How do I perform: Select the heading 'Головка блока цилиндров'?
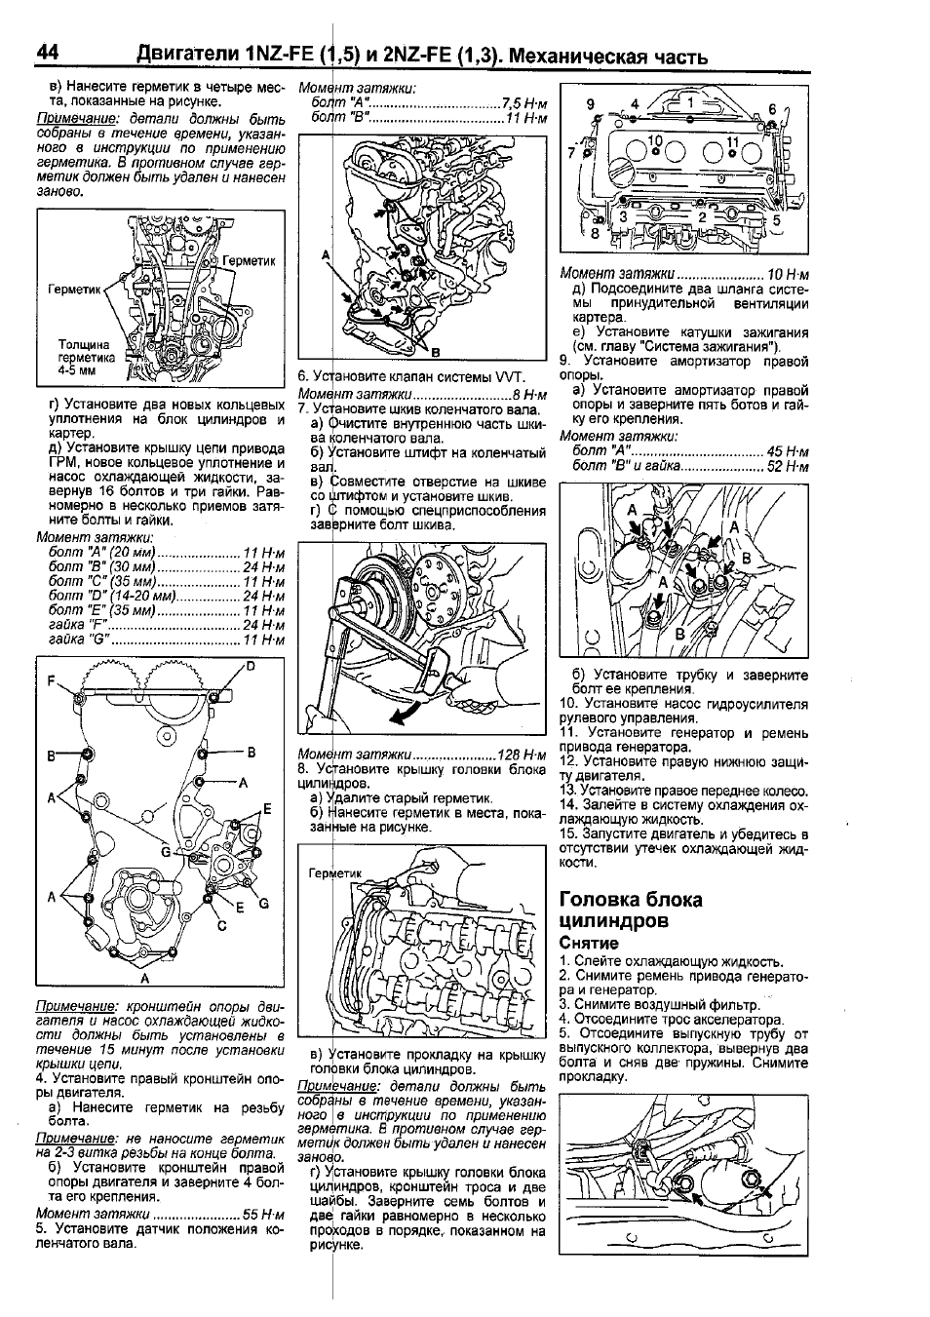click(x=630, y=910)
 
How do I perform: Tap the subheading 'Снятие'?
click(x=589, y=943)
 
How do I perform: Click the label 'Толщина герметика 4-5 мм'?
click(x=85, y=358)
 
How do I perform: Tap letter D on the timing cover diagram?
click(x=250, y=666)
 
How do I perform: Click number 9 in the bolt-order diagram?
click(x=590, y=103)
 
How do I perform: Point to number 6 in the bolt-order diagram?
click(x=772, y=108)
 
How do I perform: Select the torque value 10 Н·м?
click(x=788, y=274)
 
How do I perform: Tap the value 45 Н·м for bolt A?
click(x=788, y=452)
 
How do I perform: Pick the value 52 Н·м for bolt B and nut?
click(x=788, y=467)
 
